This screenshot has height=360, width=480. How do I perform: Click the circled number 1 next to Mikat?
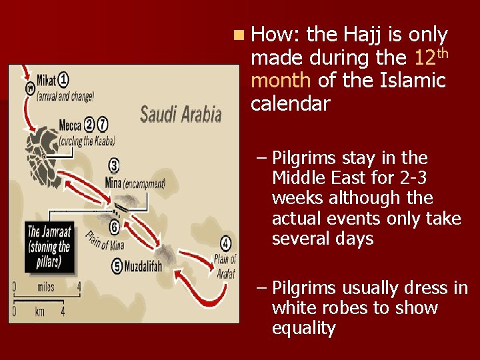pyautogui.click(x=63, y=80)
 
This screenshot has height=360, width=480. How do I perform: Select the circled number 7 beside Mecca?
pyautogui.click(x=102, y=124)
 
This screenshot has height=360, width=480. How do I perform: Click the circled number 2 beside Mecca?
pyautogui.click(x=89, y=124)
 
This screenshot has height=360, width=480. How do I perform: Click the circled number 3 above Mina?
pyautogui.click(x=114, y=165)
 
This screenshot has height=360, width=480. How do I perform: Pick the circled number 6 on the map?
pyautogui.click(x=115, y=227)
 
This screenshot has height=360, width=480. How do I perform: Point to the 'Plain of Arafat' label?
pyautogui.click(x=225, y=266)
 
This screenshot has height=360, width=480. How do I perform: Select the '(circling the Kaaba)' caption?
pyautogui.click(x=87, y=141)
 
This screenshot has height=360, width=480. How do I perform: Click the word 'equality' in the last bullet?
pyautogui.click(x=303, y=328)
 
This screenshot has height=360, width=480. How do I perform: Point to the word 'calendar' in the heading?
pyautogui.click(x=290, y=104)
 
